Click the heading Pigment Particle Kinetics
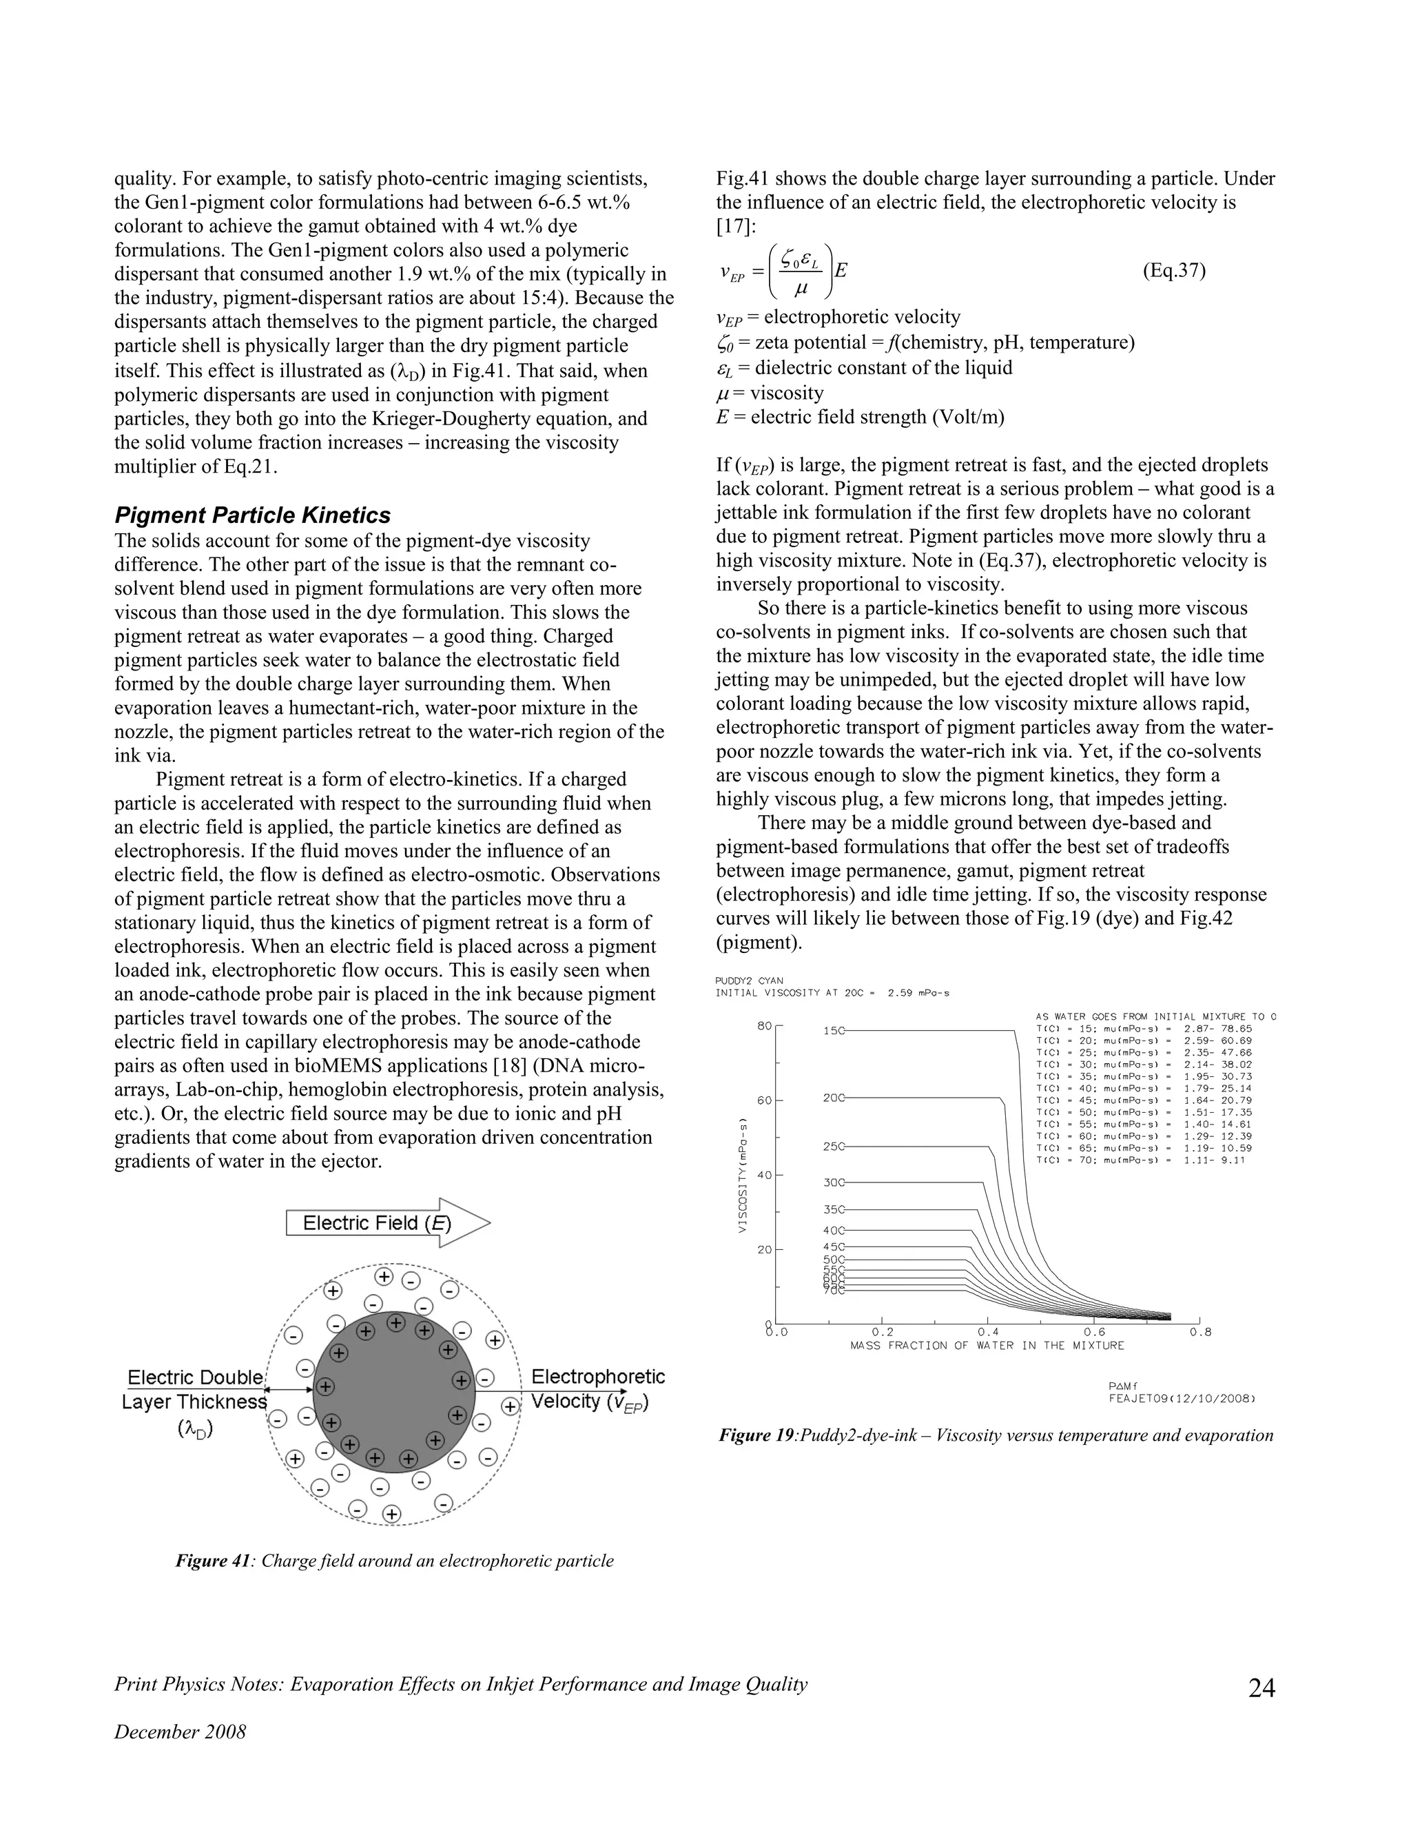click(x=252, y=514)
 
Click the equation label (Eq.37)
click(x=1173, y=271)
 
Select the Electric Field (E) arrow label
click(x=377, y=1223)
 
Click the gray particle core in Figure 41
click(x=393, y=1391)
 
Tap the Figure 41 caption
click(x=395, y=1560)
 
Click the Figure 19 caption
click(x=996, y=1435)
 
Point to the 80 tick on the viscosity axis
click(x=764, y=1026)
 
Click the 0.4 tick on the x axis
click(x=988, y=1332)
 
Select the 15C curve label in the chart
click(x=834, y=1031)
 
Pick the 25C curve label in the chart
click(x=834, y=1147)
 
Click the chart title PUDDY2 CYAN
click(x=749, y=981)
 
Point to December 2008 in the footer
click(x=181, y=1732)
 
